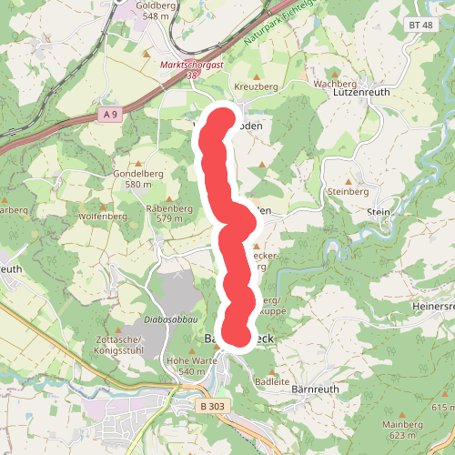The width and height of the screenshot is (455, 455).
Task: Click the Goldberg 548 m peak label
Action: point(152,10)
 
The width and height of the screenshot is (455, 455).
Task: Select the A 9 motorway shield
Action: point(111,114)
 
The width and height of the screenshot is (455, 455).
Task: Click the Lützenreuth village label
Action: point(362,93)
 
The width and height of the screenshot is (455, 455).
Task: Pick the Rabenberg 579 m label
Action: point(169,212)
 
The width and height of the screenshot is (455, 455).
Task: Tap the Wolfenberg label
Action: point(103,216)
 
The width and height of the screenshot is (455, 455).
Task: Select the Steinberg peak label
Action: point(346,192)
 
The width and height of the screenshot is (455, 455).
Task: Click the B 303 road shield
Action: point(212,406)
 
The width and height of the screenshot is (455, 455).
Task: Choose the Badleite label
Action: point(273,380)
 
